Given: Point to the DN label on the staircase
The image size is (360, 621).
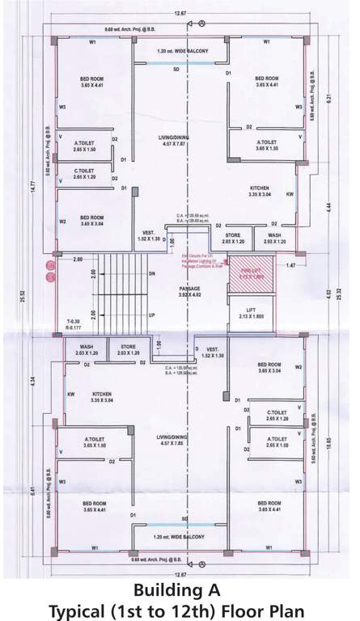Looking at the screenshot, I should (x=151, y=273).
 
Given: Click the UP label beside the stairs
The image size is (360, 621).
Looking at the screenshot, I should (x=151, y=314).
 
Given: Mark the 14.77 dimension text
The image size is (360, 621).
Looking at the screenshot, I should (x=33, y=188).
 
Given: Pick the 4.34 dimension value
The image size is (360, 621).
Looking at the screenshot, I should (x=33, y=378).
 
